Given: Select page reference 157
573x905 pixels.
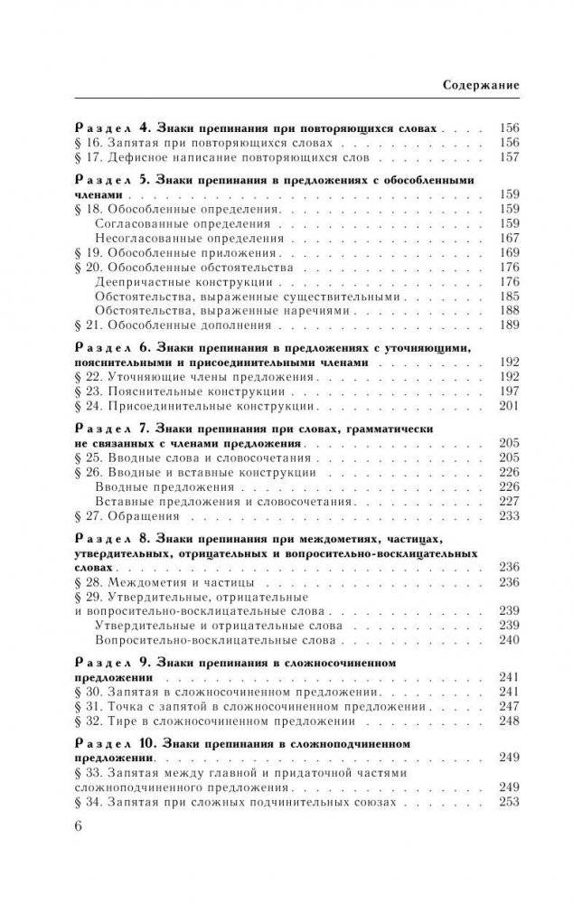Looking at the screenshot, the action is pos(508,157).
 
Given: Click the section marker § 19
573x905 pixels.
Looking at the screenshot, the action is pos(83,252).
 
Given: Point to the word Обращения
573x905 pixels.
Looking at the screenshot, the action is pos(143,516).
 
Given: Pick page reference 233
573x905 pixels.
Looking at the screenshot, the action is pos(508,516).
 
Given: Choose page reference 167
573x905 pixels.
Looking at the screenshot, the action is pos(508,238).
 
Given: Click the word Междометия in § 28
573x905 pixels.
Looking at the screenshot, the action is pos(146,582).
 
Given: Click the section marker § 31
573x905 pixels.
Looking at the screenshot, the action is pos(83,707).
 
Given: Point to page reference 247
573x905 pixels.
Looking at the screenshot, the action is pos(508,707).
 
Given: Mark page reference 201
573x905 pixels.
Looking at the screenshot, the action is pos(508,406).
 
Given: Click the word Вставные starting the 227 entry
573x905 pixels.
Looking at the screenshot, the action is pos(124,502).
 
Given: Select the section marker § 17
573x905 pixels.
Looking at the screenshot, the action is pos(83,157).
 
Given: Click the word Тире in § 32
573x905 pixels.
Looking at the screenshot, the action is pos(123,722).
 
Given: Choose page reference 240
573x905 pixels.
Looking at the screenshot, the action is pos(508,640).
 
